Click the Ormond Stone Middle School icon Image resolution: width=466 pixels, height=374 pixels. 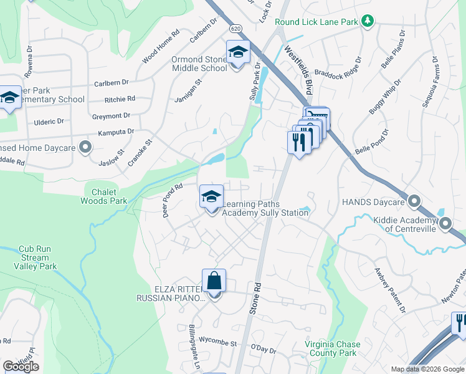237,53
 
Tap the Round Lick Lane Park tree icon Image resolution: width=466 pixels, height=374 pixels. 368,22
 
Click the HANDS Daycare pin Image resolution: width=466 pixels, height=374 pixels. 415,201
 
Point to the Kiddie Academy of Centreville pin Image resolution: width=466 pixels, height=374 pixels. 445,223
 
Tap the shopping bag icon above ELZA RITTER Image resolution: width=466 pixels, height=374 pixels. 214,281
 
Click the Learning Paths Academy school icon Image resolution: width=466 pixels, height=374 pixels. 211,197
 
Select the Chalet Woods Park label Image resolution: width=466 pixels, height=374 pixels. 104,196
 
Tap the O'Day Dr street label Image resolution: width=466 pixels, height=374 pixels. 263,350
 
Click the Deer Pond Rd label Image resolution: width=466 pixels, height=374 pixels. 172,199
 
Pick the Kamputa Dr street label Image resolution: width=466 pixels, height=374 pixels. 116,132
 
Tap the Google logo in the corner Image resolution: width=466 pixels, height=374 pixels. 21,367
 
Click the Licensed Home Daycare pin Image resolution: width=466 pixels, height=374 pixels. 86,148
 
